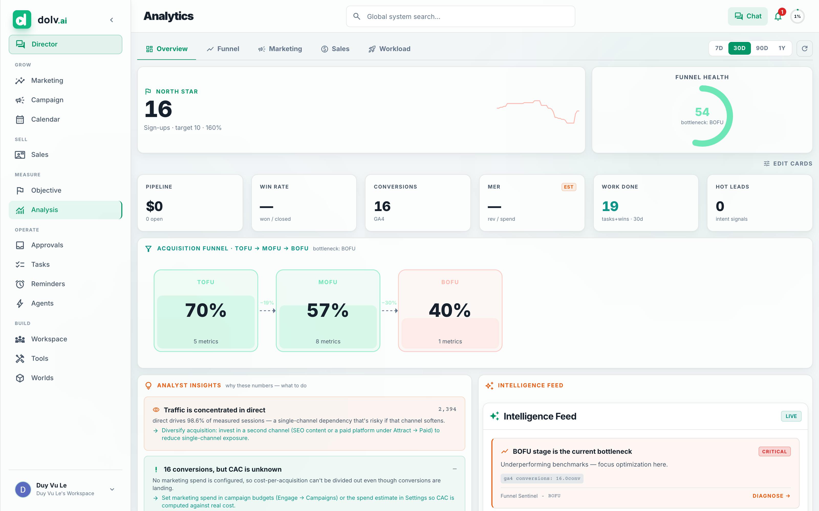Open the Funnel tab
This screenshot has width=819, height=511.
223,49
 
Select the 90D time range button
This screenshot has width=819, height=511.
762,48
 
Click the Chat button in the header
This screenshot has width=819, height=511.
748,16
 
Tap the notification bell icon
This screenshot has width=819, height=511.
778,16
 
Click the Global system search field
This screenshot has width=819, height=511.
460,16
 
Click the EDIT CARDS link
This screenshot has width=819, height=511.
788,164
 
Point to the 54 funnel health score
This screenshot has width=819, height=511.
702,112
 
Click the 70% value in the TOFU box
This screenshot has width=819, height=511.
206,310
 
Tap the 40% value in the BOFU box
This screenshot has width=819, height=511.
450,310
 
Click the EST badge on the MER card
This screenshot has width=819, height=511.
568,187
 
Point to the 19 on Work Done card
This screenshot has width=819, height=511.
610,206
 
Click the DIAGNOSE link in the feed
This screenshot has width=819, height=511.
771,496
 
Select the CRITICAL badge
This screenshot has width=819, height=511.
774,451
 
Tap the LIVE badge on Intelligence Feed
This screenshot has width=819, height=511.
791,416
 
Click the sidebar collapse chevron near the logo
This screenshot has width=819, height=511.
112,20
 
